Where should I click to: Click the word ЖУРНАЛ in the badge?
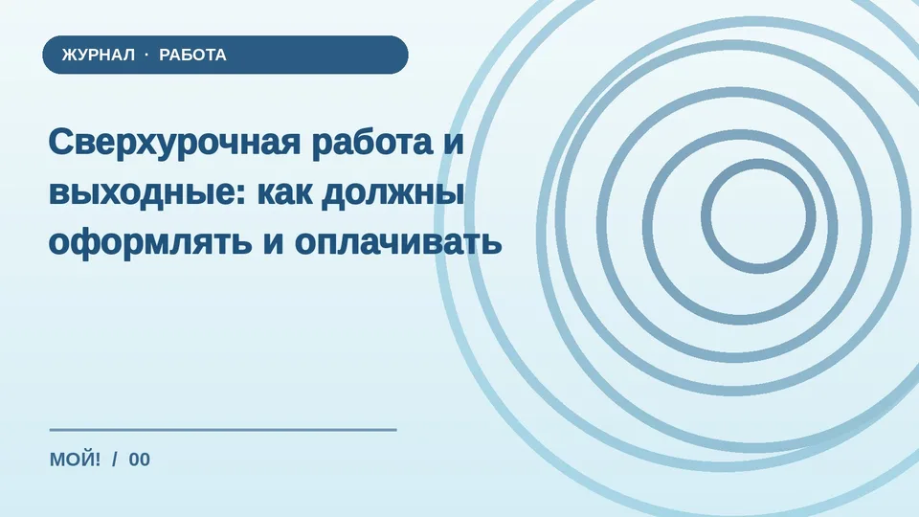pyautogui.click(x=99, y=55)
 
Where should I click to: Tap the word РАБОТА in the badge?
pyautogui.click(x=192, y=55)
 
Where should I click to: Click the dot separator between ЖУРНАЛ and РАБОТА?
pyautogui.click(x=146, y=55)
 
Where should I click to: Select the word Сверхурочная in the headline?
pyautogui.click(x=174, y=143)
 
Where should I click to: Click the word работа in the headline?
pyautogui.click(x=372, y=142)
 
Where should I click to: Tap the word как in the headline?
pyautogui.click(x=285, y=192)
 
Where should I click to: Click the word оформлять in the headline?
pyautogui.click(x=150, y=241)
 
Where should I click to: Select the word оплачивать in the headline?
pyautogui.click(x=398, y=242)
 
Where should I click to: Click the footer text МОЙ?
pyautogui.click(x=75, y=460)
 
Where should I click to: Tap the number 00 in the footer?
pyautogui.click(x=140, y=460)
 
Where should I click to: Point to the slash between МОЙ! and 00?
pyautogui.click(x=115, y=460)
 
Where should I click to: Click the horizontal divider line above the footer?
pyautogui.click(x=223, y=430)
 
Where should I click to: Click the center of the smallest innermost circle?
pyautogui.click(x=758, y=216)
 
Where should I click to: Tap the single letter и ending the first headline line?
pyautogui.click(x=453, y=143)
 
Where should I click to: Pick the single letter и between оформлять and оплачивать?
pyautogui.click(x=273, y=242)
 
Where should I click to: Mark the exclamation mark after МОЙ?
pyautogui.click(x=97, y=460)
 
